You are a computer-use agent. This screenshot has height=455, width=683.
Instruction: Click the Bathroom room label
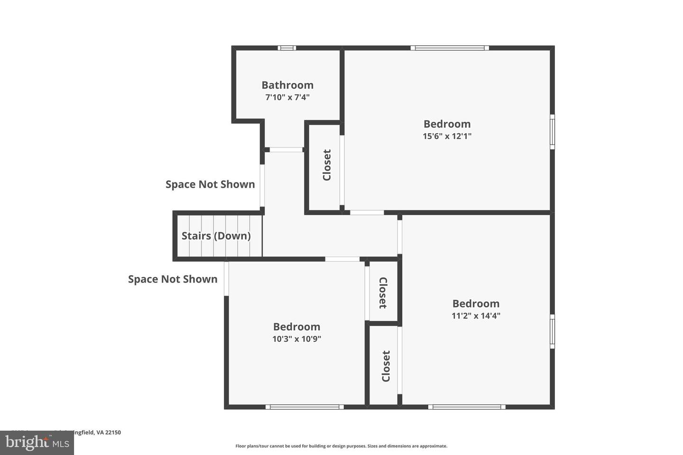pos(287,85)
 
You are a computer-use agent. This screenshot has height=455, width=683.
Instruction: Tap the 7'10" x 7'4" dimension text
pos(287,98)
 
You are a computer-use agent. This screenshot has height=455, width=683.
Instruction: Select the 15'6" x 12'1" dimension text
pos(447,136)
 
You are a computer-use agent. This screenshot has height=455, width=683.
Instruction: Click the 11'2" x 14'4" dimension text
pos(476,316)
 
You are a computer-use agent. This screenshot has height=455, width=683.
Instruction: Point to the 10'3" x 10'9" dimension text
pos(296,339)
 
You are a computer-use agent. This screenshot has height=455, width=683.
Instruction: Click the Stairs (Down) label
pos(216,236)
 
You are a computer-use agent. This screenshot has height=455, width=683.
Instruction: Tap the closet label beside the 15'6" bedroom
pos(327,165)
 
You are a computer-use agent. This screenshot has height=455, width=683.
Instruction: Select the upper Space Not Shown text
pos(210,184)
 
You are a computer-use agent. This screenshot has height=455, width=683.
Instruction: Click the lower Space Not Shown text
pos(173,279)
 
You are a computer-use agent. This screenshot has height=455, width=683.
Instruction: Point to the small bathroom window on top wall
pos(286,48)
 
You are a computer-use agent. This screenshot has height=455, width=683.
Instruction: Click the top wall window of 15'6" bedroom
pos(450,48)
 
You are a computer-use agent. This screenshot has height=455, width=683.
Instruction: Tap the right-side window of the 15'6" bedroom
pos(552,132)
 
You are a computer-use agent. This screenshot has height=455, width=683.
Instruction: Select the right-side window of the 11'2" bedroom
pos(552,331)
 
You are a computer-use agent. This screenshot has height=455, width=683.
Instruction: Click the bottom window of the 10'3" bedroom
pos(305,407)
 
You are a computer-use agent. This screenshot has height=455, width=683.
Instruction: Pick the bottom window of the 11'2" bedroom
pos(467,407)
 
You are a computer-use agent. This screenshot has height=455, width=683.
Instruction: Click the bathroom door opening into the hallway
pos(286,150)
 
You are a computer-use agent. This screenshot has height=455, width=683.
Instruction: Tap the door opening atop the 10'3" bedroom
pos(342,259)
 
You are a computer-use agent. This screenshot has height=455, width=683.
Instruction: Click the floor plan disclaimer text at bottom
pos(341,446)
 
